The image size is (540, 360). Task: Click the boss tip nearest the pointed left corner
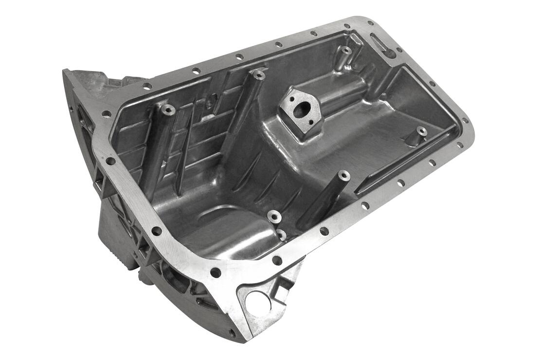coord(168,109)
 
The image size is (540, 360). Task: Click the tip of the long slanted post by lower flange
coord(343,175)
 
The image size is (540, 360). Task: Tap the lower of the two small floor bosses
coord(282,234)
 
